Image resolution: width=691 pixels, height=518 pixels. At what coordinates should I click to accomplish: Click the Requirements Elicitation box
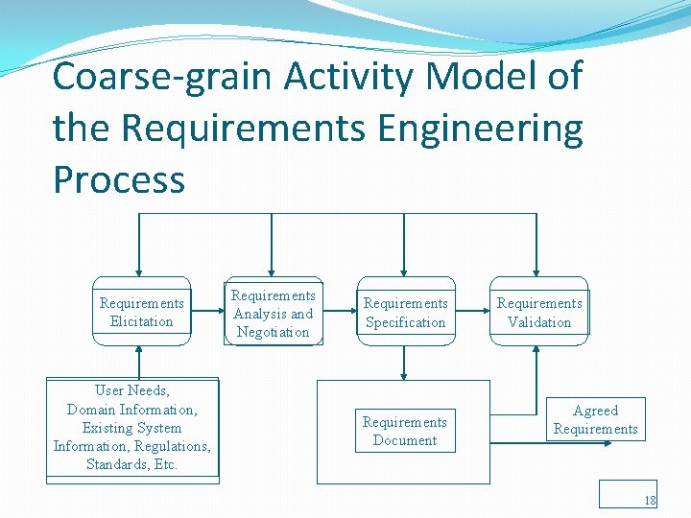[x=141, y=313]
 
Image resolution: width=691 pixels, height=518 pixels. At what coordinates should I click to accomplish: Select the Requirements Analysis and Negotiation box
[x=273, y=314]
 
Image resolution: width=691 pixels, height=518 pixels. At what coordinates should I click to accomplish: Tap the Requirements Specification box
[x=405, y=313]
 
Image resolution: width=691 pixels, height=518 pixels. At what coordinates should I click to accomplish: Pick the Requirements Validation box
[x=539, y=313]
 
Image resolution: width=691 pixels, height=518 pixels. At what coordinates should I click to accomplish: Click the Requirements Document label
[x=404, y=431]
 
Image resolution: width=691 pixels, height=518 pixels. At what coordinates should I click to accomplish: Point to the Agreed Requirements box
[x=595, y=420]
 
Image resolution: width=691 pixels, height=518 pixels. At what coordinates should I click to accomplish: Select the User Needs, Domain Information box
[x=132, y=428]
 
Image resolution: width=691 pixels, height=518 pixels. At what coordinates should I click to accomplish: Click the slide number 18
[x=650, y=500]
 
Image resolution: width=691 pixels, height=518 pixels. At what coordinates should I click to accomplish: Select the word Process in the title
[x=119, y=179]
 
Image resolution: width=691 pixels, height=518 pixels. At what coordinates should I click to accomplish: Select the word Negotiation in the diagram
[x=273, y=332]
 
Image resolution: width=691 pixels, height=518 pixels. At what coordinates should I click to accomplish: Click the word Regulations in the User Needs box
[x=172, y=446]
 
